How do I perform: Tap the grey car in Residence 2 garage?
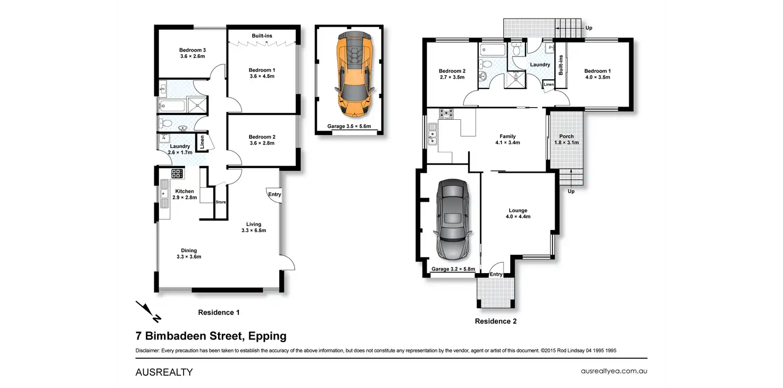click(453, 220)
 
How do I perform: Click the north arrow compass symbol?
click(148, 311)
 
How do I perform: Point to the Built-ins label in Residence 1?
click(262, 36)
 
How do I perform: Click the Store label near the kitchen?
click(221, 202)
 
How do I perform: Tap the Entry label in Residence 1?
click(274, 194)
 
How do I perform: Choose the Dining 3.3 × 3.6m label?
click(189, 254)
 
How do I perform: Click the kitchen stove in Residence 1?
click(177, 174)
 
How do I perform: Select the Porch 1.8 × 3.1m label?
click(567, 139)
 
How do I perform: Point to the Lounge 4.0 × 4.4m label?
click(518, 213)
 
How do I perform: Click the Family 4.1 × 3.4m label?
click(507, 139)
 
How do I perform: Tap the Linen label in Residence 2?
click(548, 84)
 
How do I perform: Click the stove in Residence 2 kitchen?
click(446, 114)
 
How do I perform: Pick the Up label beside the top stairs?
click(589, 28)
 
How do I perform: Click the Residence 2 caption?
click(496, 321)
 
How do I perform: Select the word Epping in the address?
click(268, 336)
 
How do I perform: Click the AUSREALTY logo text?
click(164, 372)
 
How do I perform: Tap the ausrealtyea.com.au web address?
click(614, 371)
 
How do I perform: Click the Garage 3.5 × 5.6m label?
click(349, 126)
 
